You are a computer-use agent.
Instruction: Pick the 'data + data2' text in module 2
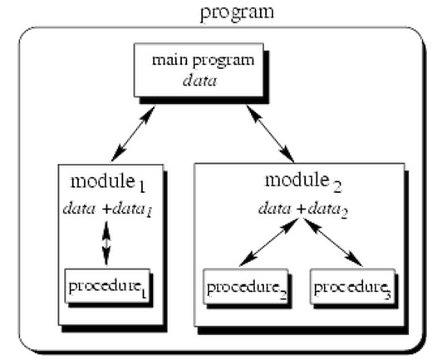point(299,207)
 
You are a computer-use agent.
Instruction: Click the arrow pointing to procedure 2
point(266,243)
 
